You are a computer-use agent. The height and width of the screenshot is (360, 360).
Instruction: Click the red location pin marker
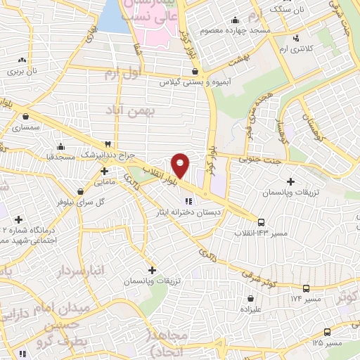pos(181,165)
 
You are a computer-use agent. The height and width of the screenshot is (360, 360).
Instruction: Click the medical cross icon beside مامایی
pos(104,170)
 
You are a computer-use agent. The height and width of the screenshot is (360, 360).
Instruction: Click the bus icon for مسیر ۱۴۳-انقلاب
pos(261,220)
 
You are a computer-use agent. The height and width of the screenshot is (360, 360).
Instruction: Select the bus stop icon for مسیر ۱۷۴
pos(306,288)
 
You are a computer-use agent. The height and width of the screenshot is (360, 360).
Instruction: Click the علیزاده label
pos(252,308)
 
